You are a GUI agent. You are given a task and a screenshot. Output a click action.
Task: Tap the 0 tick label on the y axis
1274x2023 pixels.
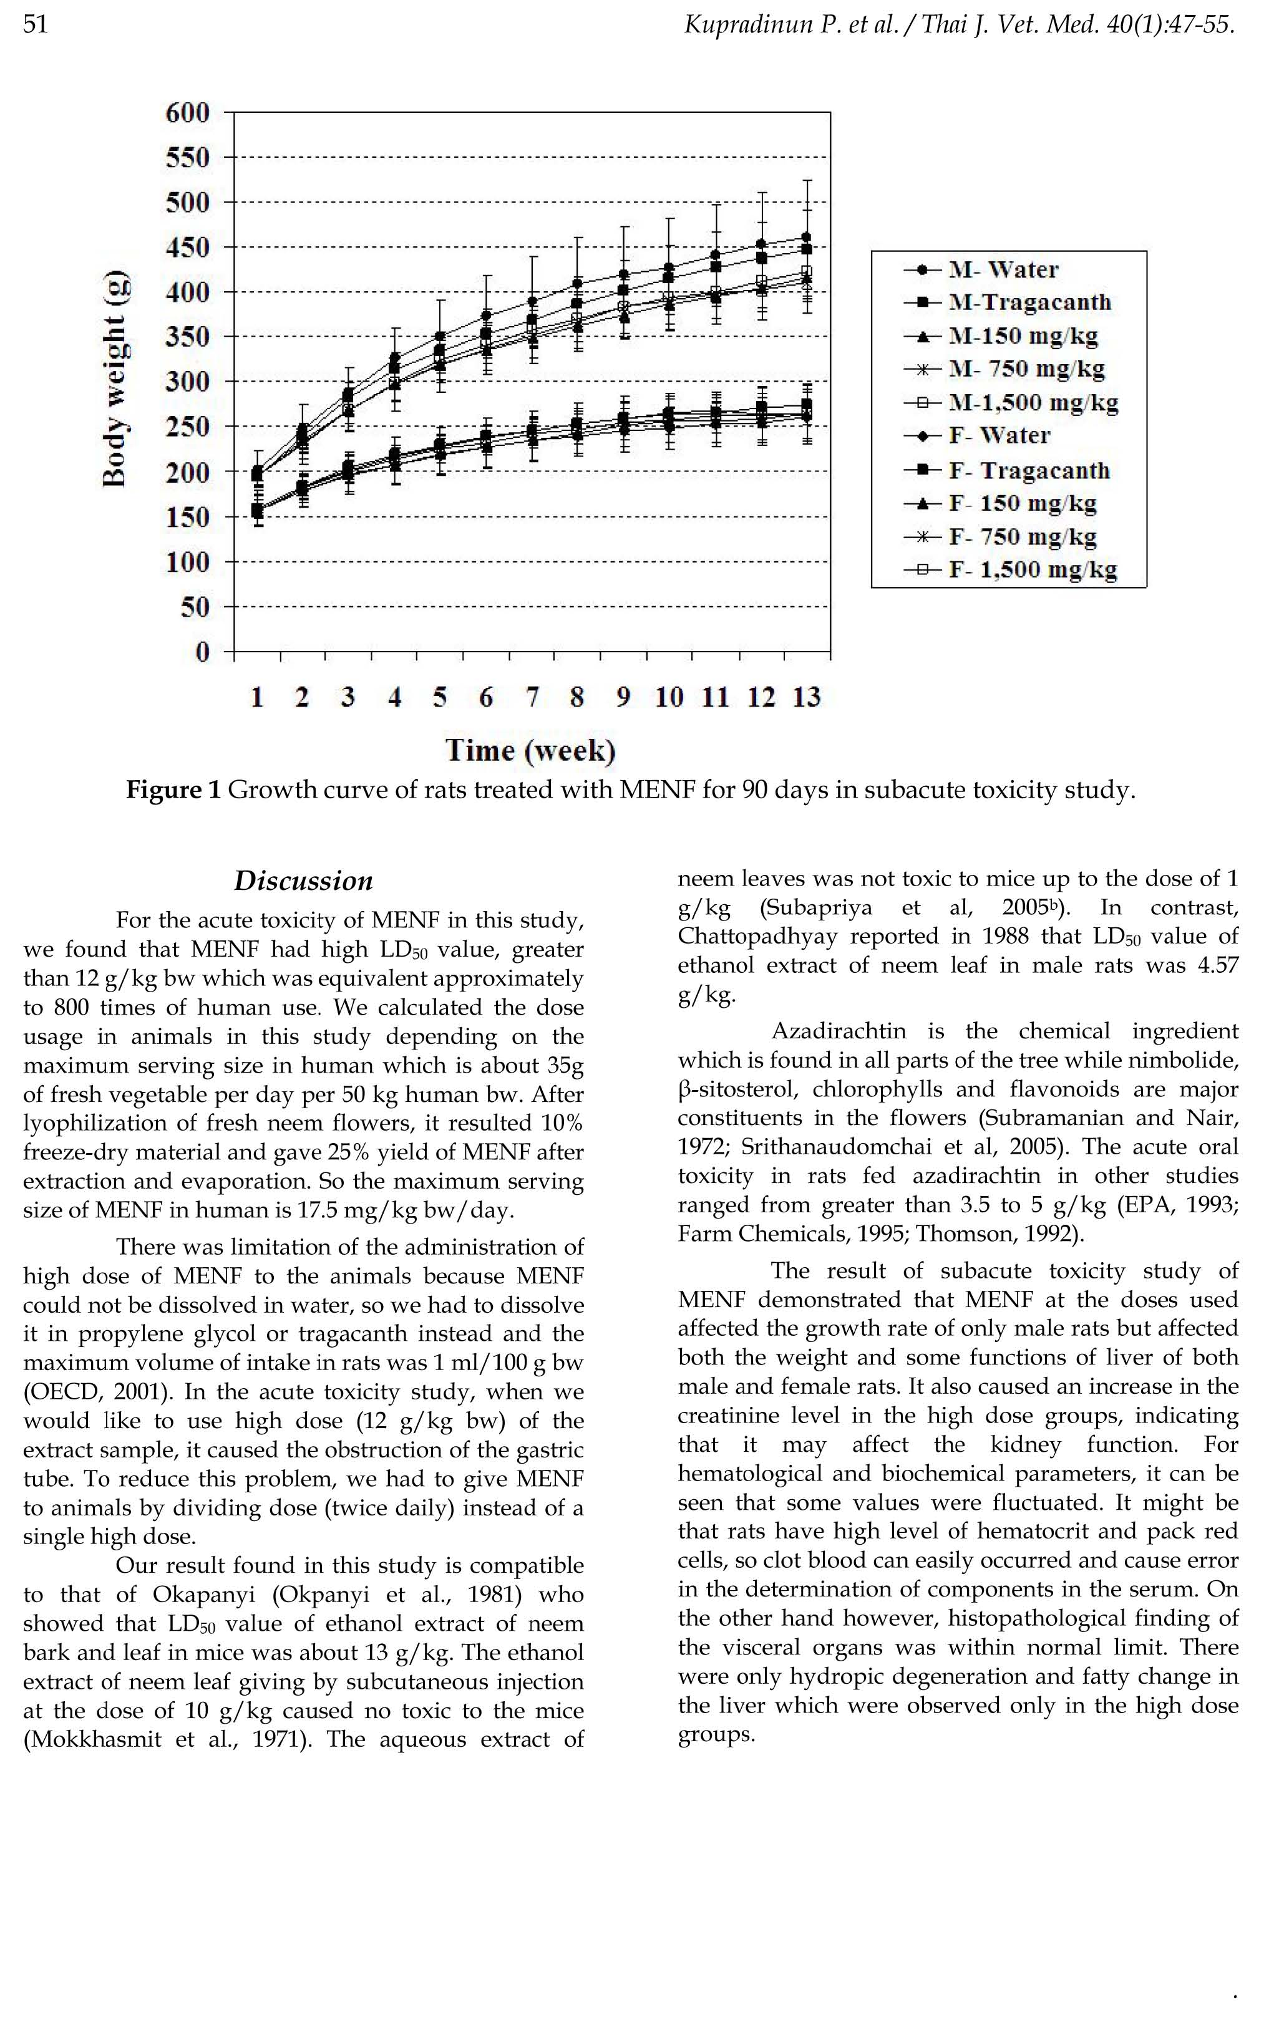202,652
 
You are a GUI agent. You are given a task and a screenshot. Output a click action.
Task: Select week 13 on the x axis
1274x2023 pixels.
806,697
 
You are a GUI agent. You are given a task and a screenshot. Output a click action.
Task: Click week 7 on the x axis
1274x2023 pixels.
532,697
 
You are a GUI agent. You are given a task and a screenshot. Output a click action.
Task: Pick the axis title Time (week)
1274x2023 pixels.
530,750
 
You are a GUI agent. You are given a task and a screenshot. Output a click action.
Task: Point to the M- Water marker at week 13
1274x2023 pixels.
807,237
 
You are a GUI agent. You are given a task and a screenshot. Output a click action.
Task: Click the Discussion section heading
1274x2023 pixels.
303,881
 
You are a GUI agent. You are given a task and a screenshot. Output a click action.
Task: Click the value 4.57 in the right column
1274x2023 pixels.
1215,965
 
